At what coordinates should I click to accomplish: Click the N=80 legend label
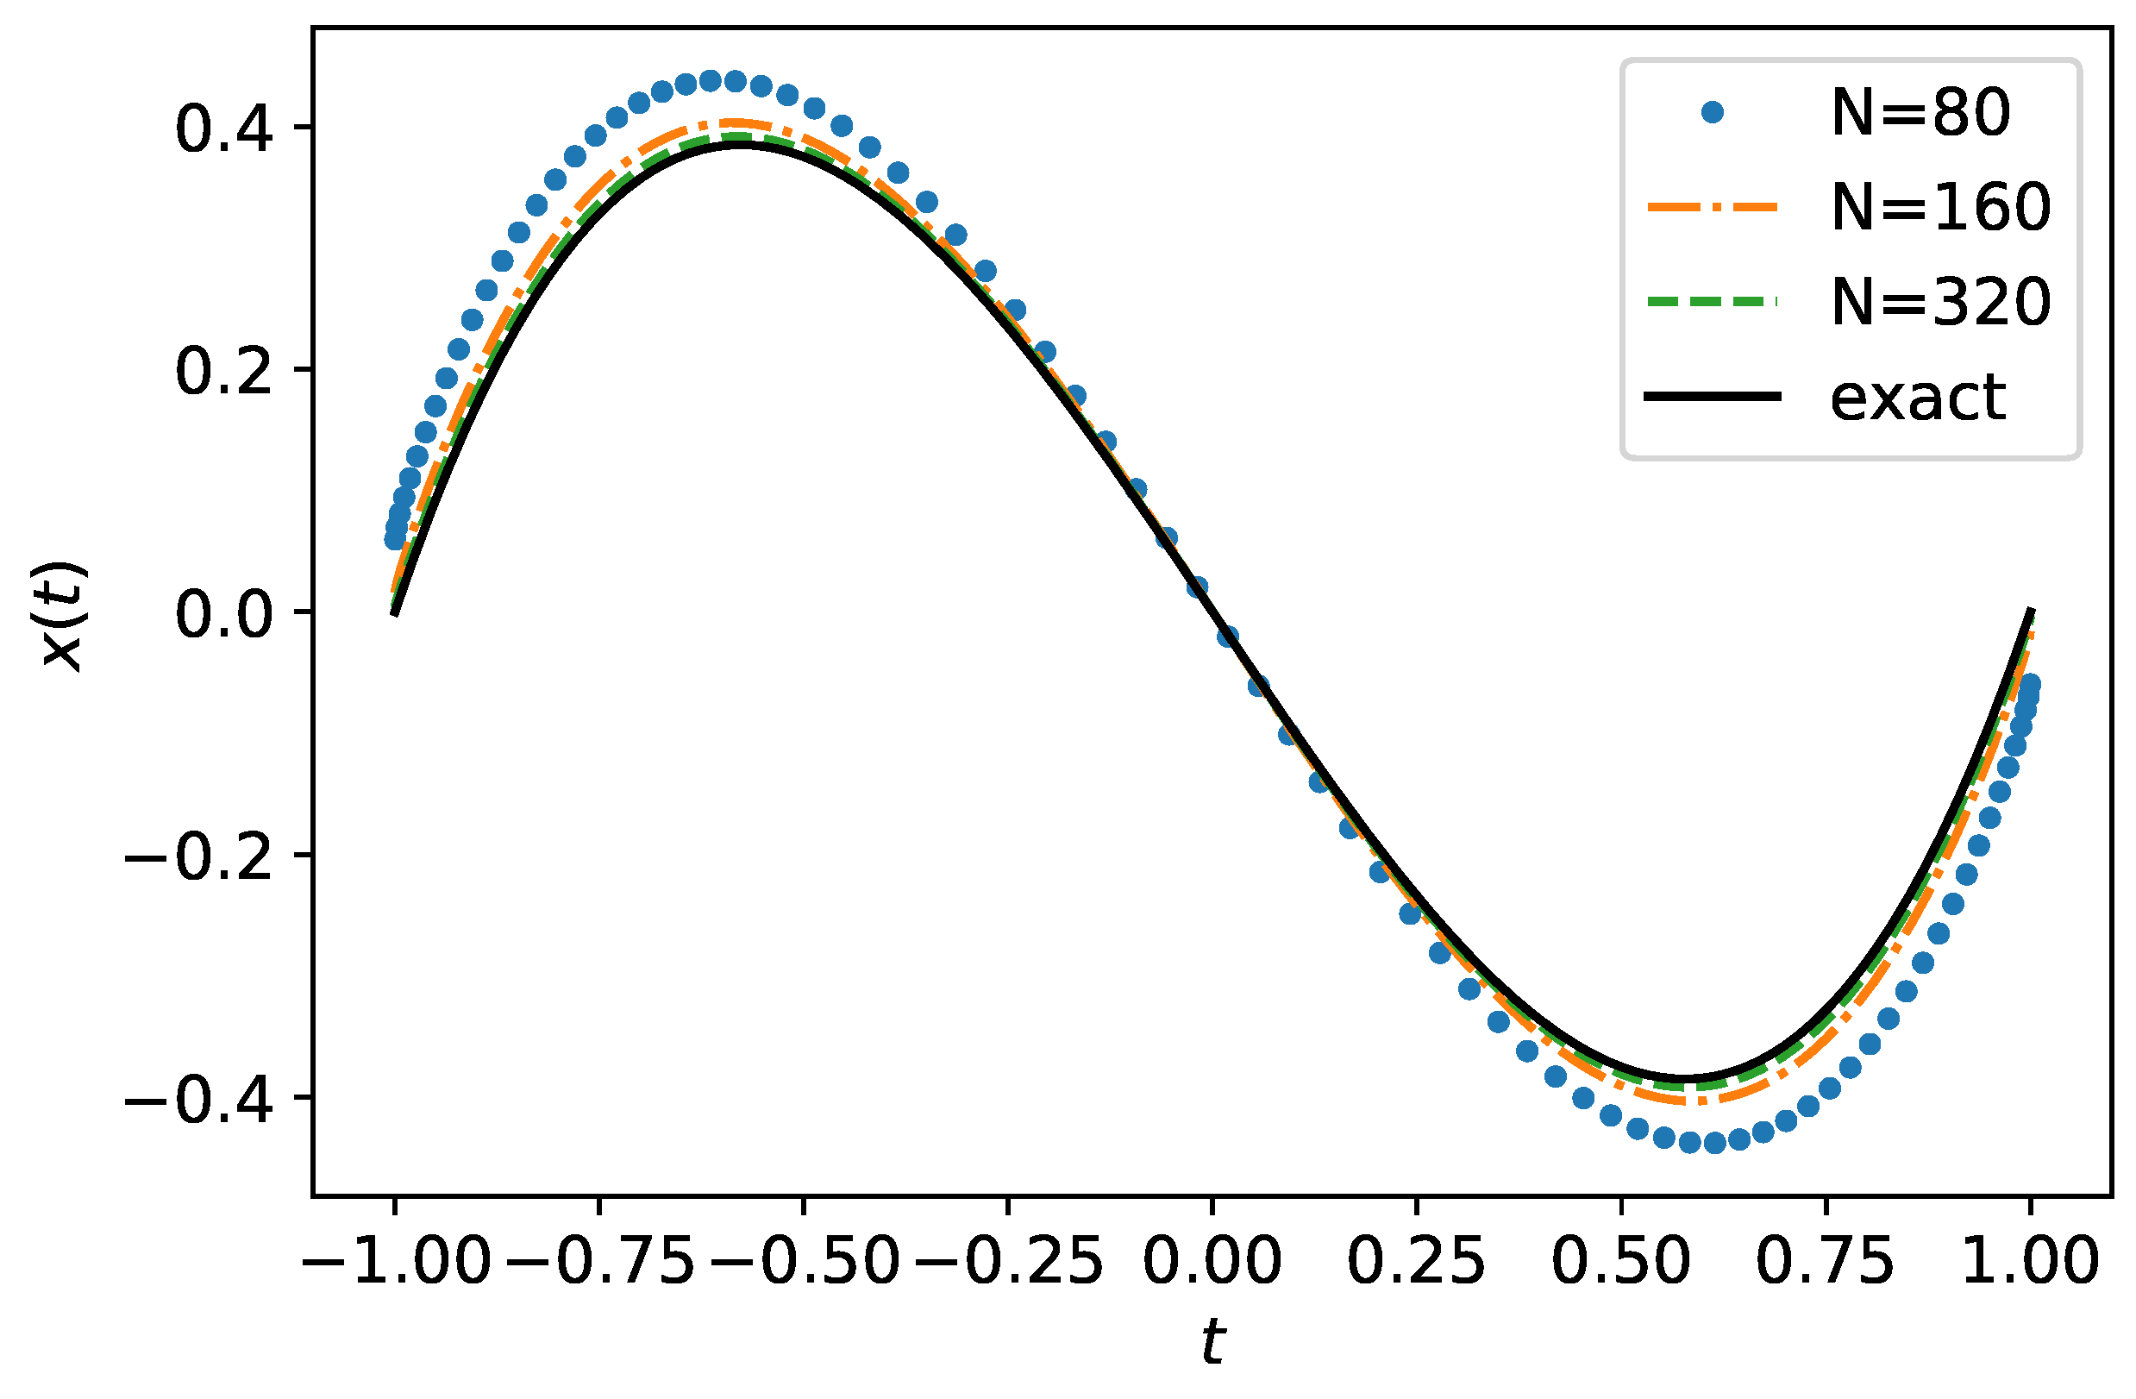pos(1920,114)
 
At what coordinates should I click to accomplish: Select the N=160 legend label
pos(1940,207)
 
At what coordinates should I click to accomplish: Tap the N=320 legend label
pos(1940,302)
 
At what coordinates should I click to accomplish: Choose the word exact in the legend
pos(1918,397)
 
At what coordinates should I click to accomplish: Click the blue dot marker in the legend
pos(1713,112)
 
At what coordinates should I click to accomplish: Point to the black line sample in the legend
pos(1713,396)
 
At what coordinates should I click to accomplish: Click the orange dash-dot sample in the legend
pos(1713,207)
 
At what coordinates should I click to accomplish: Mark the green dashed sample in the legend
pos(1713,302)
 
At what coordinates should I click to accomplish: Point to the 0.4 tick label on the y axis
pos(223,129)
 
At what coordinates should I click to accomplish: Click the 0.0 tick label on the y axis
pos(223,614)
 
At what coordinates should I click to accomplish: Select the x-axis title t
pos(1212,1343)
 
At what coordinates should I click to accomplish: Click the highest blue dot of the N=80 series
pos(710,81)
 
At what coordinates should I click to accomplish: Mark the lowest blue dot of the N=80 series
pos(1714,1143)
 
